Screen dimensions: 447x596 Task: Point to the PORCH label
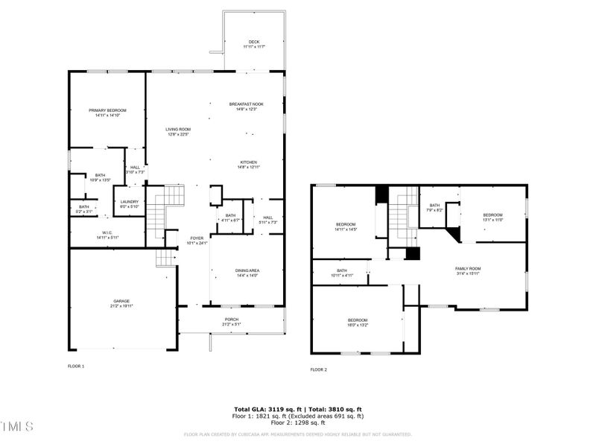point(232,321)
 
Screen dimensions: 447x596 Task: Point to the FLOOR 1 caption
point(76,366)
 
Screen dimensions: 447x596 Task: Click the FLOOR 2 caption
point(318,370)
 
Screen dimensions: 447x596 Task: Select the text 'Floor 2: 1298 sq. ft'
point(297,422)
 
